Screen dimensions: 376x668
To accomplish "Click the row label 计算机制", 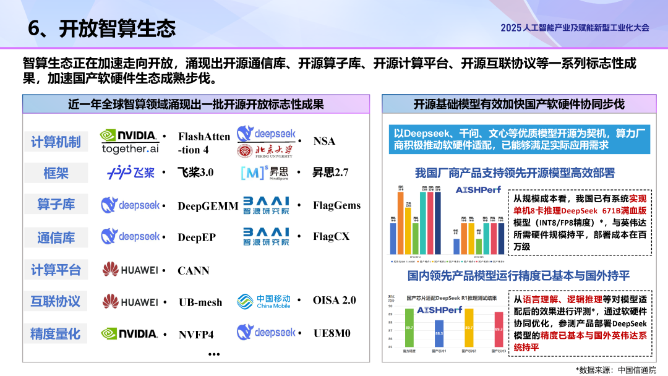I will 56,142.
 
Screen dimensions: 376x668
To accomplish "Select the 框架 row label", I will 56,173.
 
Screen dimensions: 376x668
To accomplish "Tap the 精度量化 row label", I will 56,333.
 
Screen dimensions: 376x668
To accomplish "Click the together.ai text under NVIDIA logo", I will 130,148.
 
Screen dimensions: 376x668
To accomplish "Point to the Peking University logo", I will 265,150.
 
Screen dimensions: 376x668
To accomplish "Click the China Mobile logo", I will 263,301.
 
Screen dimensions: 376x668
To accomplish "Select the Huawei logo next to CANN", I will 130,270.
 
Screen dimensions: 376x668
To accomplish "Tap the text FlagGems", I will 336,205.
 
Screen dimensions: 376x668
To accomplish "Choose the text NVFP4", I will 196,335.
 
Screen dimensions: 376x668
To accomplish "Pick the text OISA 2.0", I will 335,301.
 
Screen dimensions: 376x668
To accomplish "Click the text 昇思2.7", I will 330,173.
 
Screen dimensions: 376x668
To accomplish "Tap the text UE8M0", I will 332,333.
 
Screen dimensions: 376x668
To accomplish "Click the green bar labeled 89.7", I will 409,328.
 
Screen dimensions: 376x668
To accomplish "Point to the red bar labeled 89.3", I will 499,329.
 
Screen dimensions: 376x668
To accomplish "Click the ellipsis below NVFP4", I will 214,354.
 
